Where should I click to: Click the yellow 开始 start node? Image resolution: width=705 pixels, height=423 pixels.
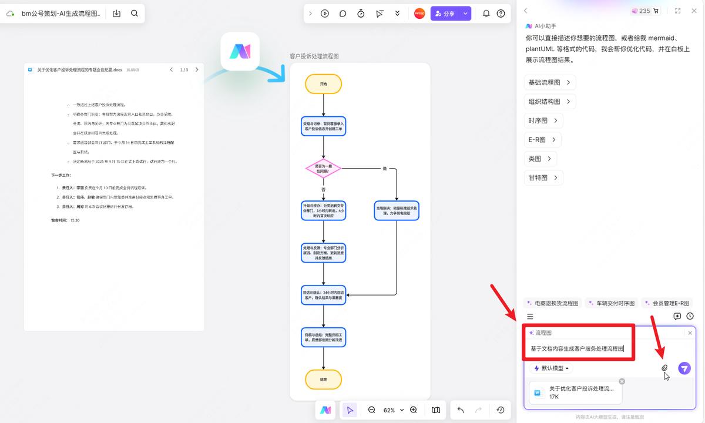pyautogui.click(x=323, y=84)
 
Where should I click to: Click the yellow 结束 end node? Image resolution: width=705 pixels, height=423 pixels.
pyautogui.click(x=323, y=380)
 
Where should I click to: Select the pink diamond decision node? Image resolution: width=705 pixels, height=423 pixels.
pyautogui.click(x=323, y=169)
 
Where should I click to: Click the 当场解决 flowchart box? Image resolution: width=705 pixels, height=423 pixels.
pyautogui.click(x=397, y=210)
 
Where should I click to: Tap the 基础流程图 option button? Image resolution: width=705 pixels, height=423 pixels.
pyautogui.click(x=549, y=82)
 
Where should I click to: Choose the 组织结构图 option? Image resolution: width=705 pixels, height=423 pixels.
pyautogui.click(x=549, y=101)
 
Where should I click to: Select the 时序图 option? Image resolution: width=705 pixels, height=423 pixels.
pyautogui.click(x=543, y=120)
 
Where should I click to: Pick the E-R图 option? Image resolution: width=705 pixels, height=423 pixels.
pyautogui.click(x=542, y=140)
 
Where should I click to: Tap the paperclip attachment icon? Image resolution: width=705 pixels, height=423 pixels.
pyautogui.click(x=664, y=368)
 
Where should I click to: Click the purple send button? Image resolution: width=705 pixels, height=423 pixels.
pyautogui.click(x=684, y=368)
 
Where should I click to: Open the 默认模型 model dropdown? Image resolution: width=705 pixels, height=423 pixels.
pyautogui.click(x=551, y=368)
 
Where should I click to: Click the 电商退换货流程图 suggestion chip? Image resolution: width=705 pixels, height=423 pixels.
pyautogui.click(x=553, y=303)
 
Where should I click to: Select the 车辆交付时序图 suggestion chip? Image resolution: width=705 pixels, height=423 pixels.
pyautogui.click(x=612, y=303)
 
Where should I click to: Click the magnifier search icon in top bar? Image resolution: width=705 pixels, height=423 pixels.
pyautogui.click(x=135, y=14)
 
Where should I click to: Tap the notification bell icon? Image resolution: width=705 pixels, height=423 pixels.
pyautogui.click(x=486, y=14)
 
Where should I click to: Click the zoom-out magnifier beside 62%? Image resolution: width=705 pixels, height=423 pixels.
pyautogui.click(x=371, y=410)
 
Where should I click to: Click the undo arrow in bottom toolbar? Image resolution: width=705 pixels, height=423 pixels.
pyautogui.click(x=460, y=410)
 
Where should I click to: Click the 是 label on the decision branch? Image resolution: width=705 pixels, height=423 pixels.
pyautogui.click(x=385, y=169)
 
